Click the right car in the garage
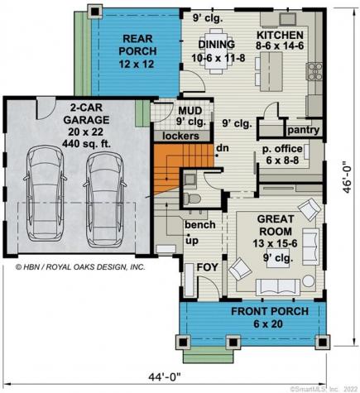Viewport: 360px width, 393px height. pos(104,196)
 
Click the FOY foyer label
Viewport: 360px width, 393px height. pos(206,267)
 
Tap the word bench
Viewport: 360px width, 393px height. pos(199,225)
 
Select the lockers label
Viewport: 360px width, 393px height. pos(180,135)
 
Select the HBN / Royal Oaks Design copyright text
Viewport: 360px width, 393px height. pos(80,267)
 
